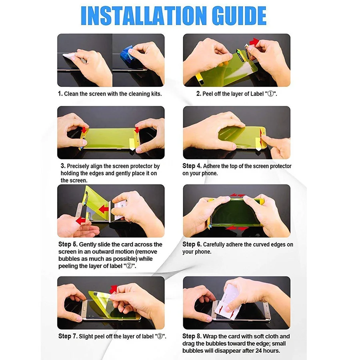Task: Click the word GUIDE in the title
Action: (239, 16)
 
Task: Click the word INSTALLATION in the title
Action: (144, 16)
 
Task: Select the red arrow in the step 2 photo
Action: (254, 42)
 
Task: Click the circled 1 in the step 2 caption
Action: (271, 94)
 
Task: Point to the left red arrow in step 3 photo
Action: (84, 130)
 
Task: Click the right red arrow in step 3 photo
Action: (137, 130)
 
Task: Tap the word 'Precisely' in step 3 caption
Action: (78, 166)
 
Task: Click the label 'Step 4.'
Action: (192, 166)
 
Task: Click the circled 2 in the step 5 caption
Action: (129, 266)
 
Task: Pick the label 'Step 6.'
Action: (192, 244)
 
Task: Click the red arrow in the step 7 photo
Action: (113, 289)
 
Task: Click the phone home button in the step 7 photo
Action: (84, 309)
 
